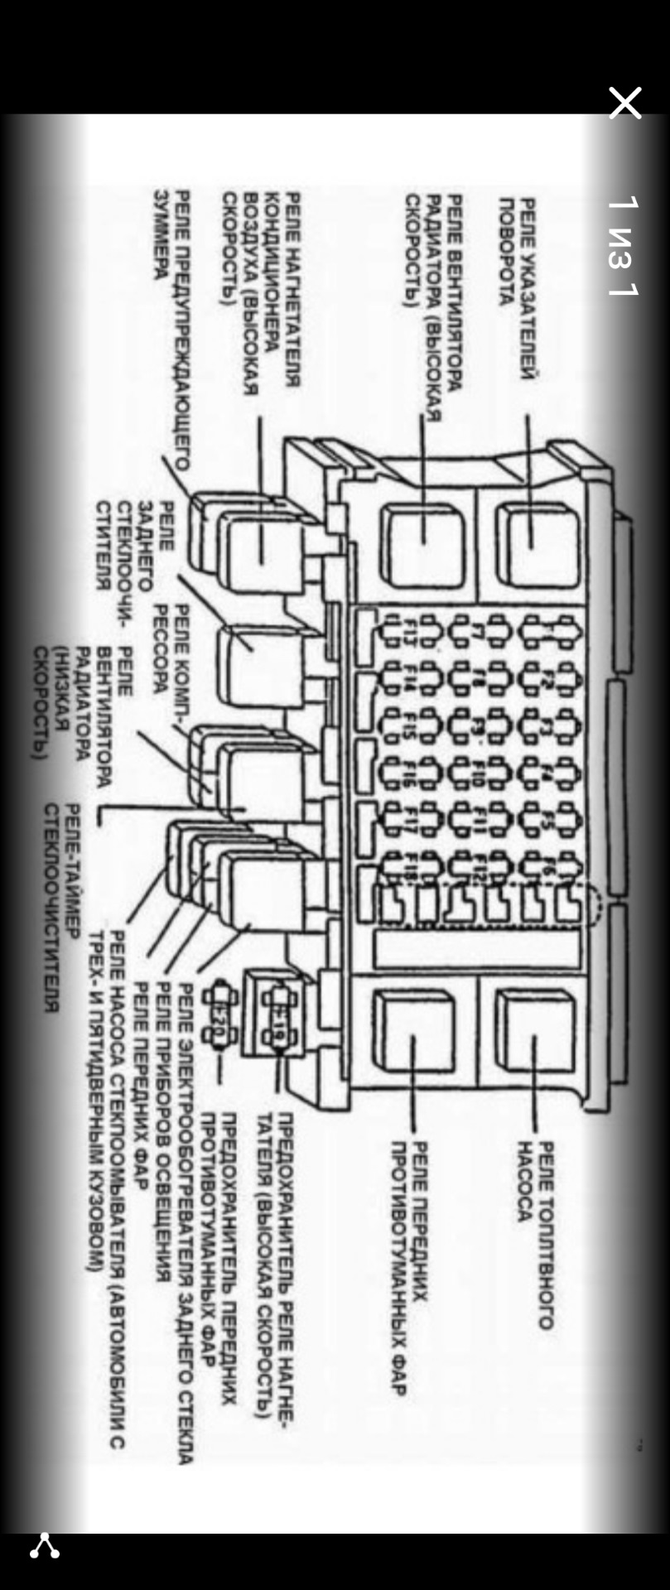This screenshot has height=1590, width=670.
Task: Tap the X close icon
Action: click(624, 104)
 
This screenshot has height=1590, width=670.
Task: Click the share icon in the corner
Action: click(44, 1545)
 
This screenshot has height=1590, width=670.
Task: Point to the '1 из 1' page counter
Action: click(622, 246)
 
